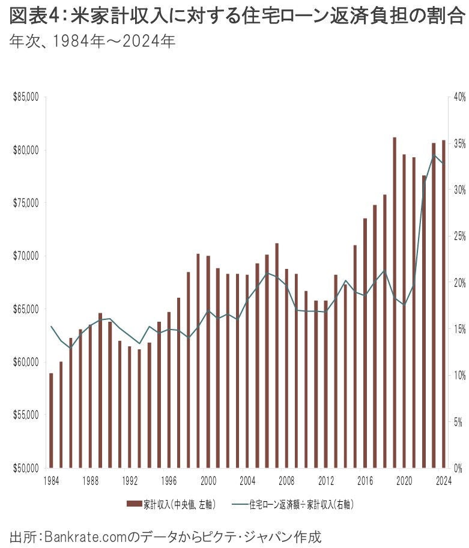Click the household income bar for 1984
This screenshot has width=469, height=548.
(51, 420)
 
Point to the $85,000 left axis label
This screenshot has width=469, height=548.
(26, 97)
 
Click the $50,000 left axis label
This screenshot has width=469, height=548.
(26, 468)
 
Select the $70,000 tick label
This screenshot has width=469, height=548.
(26, 256)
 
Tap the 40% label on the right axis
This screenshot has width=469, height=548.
(459, 97)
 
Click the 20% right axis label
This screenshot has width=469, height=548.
(459, 282)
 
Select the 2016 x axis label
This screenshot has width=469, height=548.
(365, 480)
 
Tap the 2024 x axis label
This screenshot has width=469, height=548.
(444, 480)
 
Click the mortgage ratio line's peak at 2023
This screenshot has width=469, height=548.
(434, 155)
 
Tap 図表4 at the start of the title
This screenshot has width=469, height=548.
(31, 17)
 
